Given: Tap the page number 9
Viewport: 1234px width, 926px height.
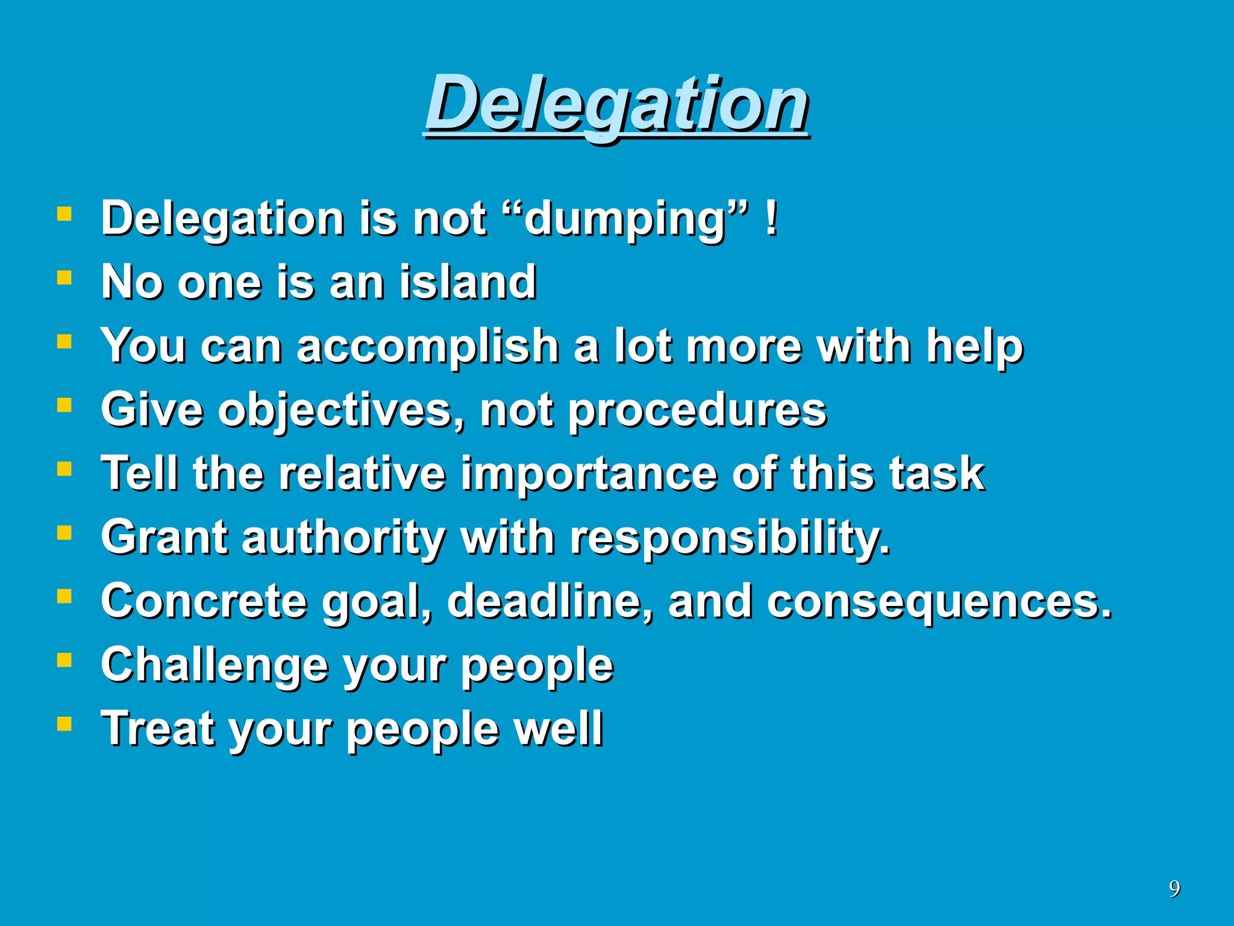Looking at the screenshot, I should click(x=1174, y=889).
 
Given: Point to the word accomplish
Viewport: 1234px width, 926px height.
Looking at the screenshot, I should click(x=428, y=347).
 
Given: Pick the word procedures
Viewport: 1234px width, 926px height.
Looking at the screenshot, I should click(x=697, y=411).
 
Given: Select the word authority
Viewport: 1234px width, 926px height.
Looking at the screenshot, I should click(x=343, y=538).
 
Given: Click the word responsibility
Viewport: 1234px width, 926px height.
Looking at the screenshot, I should click(x=730, y=538).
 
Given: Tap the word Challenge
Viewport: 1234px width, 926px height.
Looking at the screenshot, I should click(x=214, y=666).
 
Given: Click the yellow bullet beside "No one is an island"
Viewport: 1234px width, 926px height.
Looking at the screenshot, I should click(x=64, y=277).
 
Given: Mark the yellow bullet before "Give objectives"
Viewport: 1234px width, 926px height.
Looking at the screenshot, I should click(x=64, y=405).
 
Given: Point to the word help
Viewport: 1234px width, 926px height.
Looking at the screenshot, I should click(x=974, y=347).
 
